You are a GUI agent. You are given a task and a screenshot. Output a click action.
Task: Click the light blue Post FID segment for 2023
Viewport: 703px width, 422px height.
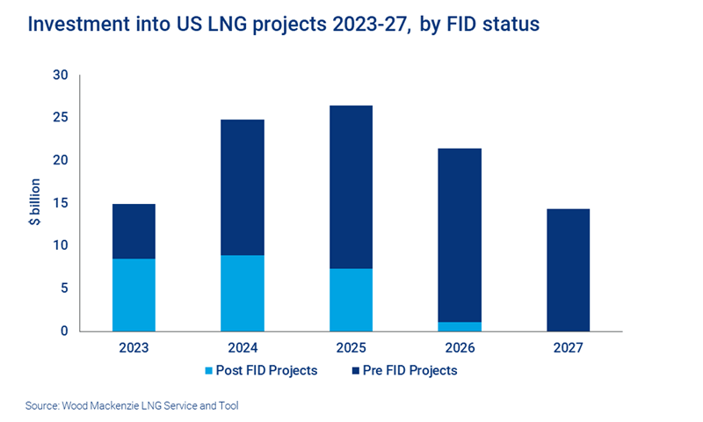[x=134, y=295]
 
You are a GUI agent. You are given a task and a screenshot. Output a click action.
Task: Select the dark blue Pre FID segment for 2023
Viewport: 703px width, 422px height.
[x=134, y=231]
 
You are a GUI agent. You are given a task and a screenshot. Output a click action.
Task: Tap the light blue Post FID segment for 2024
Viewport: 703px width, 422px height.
[x=243, y=293]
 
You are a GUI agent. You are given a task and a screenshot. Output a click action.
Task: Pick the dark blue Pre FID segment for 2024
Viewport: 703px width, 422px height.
[x=243, y=187]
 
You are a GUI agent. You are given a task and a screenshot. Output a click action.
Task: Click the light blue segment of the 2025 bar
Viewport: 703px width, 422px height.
[x=351, y=300]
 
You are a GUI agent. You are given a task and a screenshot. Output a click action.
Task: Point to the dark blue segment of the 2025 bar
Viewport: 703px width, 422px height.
[x=351, y=187]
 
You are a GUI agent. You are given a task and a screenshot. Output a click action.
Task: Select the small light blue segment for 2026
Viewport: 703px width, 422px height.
[x=460, y=326]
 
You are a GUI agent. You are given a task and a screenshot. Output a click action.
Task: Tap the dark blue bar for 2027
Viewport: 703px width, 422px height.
[x=569, y=270]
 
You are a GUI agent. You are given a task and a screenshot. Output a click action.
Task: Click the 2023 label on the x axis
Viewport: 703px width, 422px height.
[x=134, y=348]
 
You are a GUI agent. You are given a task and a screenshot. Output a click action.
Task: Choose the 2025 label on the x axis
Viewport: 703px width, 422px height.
[x=351, y=348]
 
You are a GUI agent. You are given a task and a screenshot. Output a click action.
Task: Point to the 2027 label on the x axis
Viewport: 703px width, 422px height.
[x=569, y=348]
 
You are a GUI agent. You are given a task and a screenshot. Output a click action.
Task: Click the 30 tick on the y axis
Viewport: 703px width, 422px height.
[x=61, y=76]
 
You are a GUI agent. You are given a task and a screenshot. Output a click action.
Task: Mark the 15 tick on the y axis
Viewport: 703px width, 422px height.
[x=61, y=203]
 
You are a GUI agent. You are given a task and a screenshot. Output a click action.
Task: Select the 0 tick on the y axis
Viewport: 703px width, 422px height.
[x=64, y=331]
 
